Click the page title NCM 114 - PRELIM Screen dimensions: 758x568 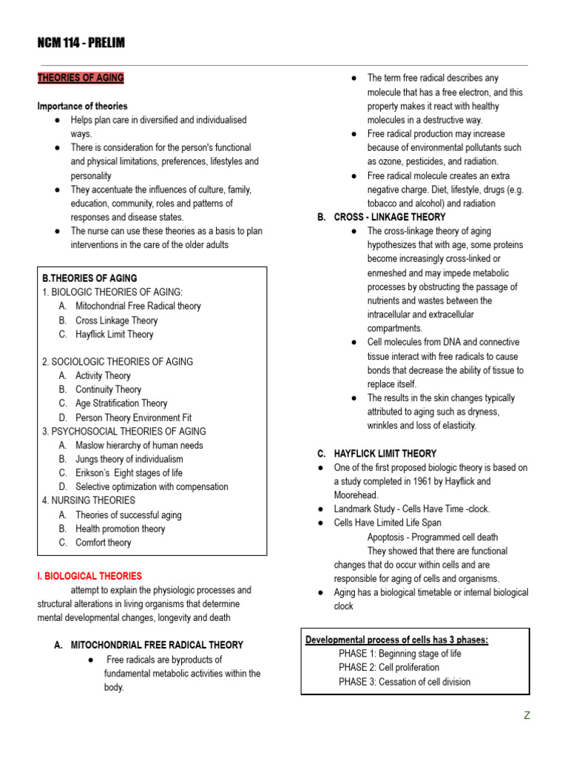coord(81,44)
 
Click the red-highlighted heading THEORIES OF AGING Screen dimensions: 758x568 coord(81,78)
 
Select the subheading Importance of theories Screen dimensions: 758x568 coord(82,106)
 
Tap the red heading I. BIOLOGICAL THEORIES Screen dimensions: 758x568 coord(89,576)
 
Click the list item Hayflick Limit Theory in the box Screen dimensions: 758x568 coord(114,335)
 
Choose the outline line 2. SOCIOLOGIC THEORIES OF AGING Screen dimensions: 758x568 coord(118,362)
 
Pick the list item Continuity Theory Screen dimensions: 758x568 coord(108,389)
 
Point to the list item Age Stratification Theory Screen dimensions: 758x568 coord(121,403)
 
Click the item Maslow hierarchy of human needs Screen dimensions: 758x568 coord(139,446)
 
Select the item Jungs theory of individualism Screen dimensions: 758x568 coord(129,459)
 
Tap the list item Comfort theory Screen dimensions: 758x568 coord(103,543)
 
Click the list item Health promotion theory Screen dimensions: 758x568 coord(120,529)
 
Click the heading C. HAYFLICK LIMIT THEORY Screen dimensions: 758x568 coord(376,454)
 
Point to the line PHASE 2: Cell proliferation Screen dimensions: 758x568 coord(388,668)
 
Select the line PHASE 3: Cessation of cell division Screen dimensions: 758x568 coord(404,682)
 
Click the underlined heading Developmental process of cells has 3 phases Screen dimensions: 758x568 coord(397,640)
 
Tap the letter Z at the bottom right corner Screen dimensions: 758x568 coord(527,716)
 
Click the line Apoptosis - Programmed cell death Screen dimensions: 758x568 coord(432,537)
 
